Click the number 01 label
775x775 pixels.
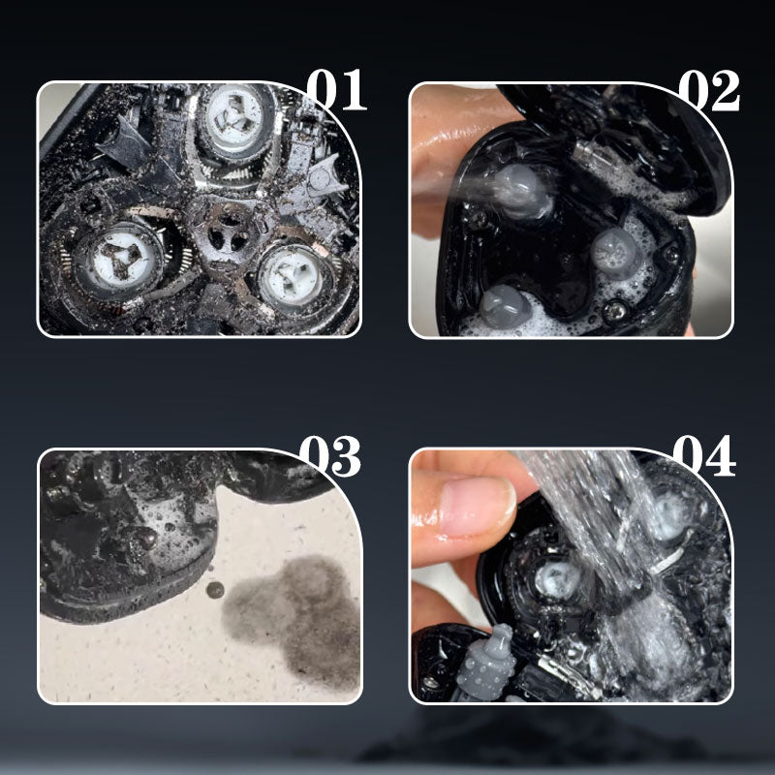[x=336, y=89]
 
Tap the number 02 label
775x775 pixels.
[x=709, y=90]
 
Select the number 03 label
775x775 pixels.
[x=330, y=455]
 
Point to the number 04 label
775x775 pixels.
[x=704, y=455]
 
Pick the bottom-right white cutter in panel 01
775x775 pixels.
[x=292, y=276]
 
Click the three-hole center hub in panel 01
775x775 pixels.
[x=229, y=232]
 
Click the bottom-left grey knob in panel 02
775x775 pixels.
[x=504, y=307]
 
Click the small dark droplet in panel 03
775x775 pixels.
[x=214, y=590]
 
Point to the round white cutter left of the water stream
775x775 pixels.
[x=559, y=578]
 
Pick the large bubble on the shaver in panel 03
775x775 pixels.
[x=143, y=539]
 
